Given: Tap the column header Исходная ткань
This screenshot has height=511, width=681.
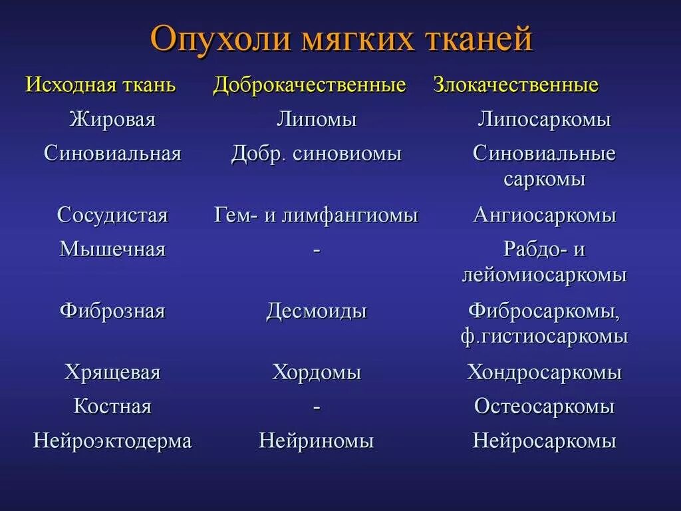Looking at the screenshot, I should [x=100, y=85].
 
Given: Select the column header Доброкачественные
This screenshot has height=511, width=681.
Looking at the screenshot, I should [x=309, y=85].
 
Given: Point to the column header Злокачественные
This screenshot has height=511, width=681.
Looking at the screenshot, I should [x=516, y=85].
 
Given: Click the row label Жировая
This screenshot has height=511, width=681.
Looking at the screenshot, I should [x=112, y=120].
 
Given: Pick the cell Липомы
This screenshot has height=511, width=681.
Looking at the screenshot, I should [x=317, y=120].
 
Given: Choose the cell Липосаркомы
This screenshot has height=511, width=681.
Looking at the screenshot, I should [x=544, y=120].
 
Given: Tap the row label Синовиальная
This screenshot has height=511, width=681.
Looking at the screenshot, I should [x=112, y=154].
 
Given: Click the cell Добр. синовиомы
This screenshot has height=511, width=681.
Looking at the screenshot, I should [x=317, y=154].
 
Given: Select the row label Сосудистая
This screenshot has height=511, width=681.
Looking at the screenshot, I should [x=112, y=215].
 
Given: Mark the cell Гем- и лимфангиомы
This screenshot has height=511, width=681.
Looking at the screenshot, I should [x=317, y=215].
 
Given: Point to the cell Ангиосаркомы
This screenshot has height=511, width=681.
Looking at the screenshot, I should [x=544, y=215].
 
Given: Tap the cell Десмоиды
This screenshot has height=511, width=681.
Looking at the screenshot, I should [x=317, y=311].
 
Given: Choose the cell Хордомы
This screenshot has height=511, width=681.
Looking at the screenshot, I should [x=317, y=372].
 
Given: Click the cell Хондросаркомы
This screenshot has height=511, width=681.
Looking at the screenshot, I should [x=544, y=372].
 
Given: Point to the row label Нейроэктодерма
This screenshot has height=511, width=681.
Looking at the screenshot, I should [x=112, y=440].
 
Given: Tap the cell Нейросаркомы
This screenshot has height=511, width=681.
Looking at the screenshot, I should [x=544, y=440].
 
